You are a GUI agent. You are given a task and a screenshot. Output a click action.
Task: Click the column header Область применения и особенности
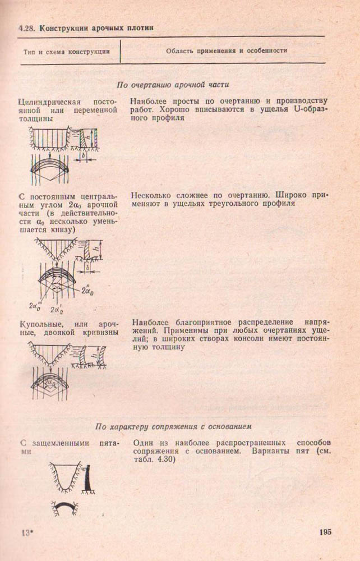click(227, 50)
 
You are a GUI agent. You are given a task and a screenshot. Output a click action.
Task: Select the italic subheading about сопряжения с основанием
click(172, 425)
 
